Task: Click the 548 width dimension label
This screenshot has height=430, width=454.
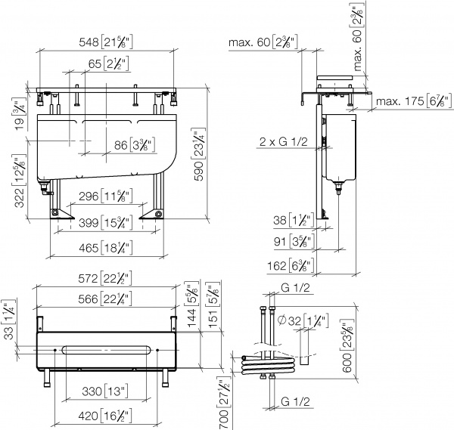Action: [x=89, y=42]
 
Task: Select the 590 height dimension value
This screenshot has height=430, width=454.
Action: [x=199, y=172]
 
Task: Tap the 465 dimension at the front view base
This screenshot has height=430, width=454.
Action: [x=89, y=248]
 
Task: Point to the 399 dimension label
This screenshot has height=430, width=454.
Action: [x=89, y=223]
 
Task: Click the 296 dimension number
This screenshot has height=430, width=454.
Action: [x=89, y=196]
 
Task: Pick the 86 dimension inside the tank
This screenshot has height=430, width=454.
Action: [x=121, y=145]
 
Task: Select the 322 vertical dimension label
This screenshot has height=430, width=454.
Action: [x=20, y=198]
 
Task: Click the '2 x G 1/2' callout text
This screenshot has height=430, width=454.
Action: [x=283, y=141]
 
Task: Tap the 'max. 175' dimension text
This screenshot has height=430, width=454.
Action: [x=400, y=101]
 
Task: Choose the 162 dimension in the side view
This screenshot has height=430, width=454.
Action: [x=277, y=265]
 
